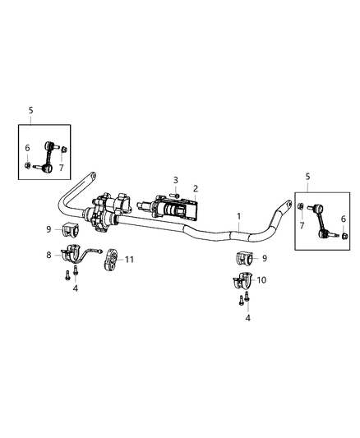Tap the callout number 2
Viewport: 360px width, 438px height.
point(195,188)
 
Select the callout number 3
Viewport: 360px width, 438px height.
point(175,179)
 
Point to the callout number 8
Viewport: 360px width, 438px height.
point(48,256)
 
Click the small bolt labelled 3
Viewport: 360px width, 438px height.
point(175,194)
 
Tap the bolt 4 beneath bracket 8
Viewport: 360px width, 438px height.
point(63,276)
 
